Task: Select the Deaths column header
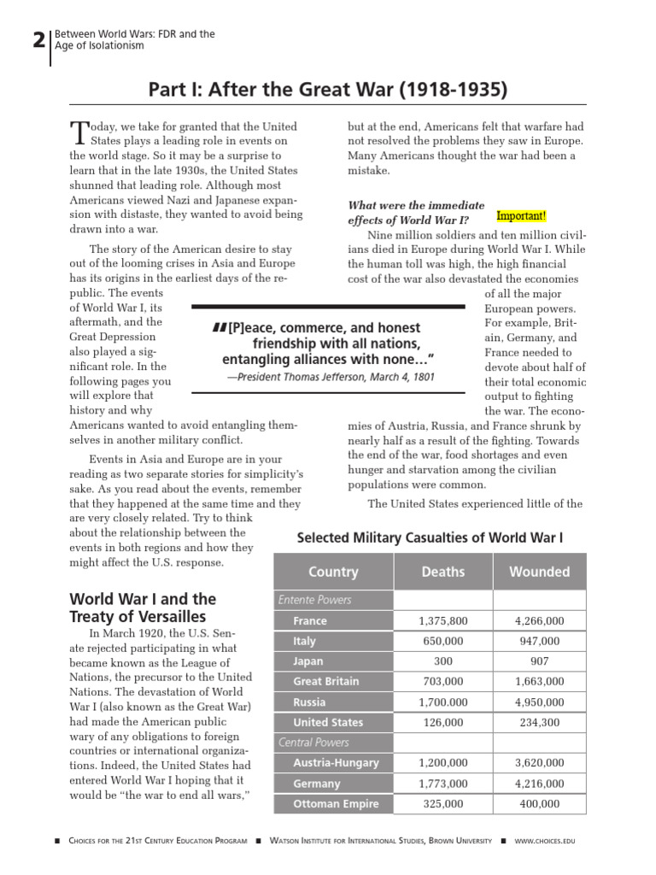point(442,572)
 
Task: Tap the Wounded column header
point(538,572)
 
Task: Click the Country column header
point(333,572)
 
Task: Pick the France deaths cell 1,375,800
point(442,621)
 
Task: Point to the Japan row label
point(308,661)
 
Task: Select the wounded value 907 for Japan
point(538,661)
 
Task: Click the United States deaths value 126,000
point(442,722)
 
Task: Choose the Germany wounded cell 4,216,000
point(538,784)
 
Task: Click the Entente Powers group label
point(314,600)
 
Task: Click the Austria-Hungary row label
point(336,763)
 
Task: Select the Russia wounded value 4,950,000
point(538,702)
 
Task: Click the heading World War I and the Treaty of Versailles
point(142,608)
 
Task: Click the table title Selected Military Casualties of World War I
point(430,537)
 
